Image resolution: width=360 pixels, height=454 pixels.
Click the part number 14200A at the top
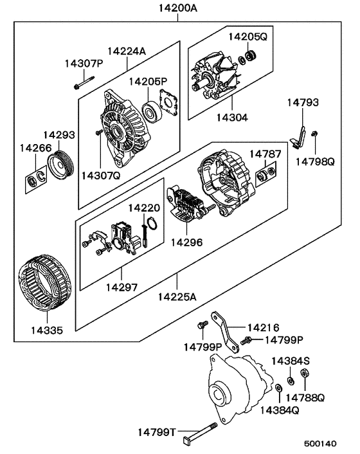175,10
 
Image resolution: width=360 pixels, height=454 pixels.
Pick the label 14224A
126,51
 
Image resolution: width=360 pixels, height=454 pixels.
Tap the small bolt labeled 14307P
83,83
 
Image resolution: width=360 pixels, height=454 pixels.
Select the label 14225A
177,298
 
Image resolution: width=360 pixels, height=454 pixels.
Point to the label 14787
265,154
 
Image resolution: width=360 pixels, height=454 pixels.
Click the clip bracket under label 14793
298,136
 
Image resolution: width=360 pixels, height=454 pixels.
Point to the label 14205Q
247,37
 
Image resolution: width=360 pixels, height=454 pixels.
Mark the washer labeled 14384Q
278,389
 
